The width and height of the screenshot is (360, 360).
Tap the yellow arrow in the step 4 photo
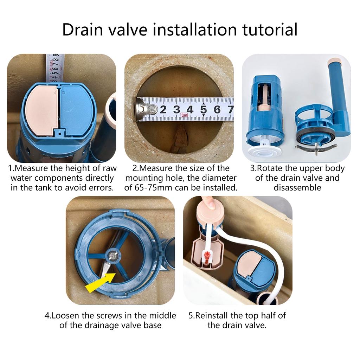coord(100,283)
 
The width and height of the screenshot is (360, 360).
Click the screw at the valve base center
coord(113,256)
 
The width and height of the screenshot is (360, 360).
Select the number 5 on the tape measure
coord(204,109)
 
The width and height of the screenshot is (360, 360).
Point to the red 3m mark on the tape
coord(184,115)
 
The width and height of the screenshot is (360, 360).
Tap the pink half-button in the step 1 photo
coord(43,110)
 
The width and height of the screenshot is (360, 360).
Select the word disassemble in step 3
coord(297,187)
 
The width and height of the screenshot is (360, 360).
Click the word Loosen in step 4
coord(66,315)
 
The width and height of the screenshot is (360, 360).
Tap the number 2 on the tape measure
coord(163,109)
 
